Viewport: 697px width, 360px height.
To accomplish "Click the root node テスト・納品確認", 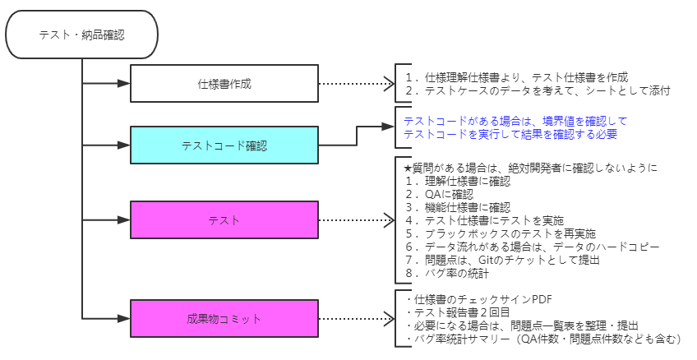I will tap(82, 35).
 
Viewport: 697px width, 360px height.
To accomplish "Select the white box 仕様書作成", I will tap(224, 84).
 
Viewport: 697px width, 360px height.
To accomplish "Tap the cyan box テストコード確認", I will tap(224, 145).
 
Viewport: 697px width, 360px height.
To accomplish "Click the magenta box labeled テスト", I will tap(224, 220).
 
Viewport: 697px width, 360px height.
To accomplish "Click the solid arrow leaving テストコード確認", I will tap(356, 136).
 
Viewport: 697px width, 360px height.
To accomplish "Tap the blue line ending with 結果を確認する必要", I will tap(510, 133).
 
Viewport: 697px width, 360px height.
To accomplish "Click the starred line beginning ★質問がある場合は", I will tap(527, 168).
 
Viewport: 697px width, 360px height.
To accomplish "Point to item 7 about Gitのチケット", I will tap(501, 260).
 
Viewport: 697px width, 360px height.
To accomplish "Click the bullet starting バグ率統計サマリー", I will tap(543, 339).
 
